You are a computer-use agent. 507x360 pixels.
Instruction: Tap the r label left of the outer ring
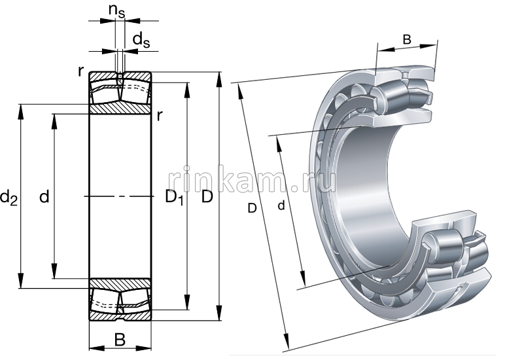coord(80,71)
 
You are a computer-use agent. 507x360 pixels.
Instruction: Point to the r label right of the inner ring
coord(160,117)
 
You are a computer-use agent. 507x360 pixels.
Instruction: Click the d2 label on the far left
coord(9,196)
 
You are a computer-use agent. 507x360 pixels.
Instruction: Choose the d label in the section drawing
coord(44,196)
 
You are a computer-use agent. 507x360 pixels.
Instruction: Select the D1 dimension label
coord(173,197)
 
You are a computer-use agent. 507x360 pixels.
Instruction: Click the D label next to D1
coord(207,196)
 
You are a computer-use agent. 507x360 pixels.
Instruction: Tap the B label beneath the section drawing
coord(120,339)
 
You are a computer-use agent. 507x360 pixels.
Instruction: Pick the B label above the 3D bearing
coord(406,40)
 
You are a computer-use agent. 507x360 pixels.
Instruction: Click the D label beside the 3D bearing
coord(252,209)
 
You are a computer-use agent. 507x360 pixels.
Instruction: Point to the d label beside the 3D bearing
coord(281,206)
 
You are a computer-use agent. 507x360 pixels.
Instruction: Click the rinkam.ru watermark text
coord(252,178)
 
